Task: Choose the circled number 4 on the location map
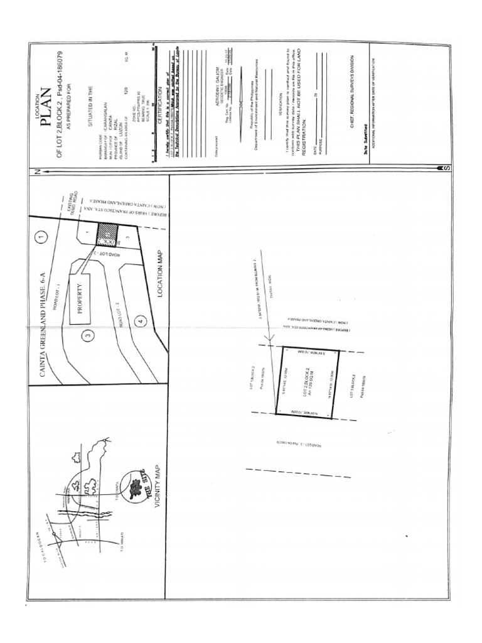coord(141,322)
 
